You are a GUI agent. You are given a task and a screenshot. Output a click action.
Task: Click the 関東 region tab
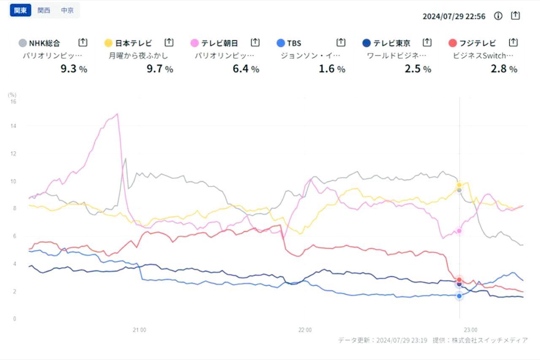click(20, 11)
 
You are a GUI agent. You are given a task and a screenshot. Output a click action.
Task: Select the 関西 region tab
click(44, 11)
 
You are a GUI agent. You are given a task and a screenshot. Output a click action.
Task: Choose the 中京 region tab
click(67, 11)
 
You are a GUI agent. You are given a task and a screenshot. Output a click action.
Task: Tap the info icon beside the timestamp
click(498, 16)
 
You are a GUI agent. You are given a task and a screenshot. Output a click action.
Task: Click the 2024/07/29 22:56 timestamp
click(454, 16)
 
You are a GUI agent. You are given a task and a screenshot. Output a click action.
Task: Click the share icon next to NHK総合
click(83, 42)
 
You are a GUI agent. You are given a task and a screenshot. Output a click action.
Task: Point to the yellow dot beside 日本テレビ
click(108, 43)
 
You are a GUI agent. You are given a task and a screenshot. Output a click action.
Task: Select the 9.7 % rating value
click(160, 69)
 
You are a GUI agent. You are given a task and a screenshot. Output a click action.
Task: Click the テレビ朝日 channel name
click(219, 43)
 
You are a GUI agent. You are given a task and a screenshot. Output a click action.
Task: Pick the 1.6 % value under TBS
click(332, 69)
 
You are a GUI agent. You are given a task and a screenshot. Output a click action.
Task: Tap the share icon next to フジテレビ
click(513, 42)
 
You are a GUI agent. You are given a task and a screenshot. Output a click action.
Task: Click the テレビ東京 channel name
click(391, 43)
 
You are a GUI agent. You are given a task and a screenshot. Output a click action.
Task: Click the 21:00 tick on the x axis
click(139, 330)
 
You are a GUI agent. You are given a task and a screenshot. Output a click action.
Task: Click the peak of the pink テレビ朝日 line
click(117, 114)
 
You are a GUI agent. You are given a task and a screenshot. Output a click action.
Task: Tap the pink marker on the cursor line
click(459, 231)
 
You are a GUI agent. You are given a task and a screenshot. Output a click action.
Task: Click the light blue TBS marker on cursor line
click(459, 296)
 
